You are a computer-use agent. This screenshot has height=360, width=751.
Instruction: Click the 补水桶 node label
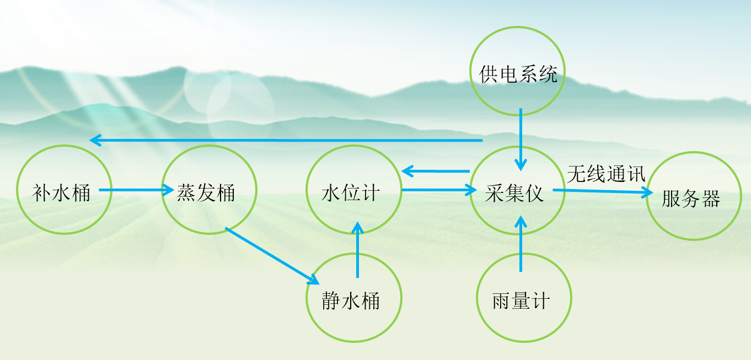pos(61,193)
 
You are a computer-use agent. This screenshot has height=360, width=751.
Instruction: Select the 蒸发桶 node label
pos(206,193)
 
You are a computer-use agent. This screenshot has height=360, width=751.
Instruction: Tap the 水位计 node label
pos(351,193)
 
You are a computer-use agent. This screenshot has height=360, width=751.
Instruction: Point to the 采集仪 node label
pos(514,194)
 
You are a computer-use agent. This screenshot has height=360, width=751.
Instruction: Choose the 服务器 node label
pos(691,198)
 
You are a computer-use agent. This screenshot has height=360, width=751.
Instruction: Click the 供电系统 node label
pos(518,74)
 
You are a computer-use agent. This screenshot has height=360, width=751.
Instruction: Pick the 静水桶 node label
pos(351,300)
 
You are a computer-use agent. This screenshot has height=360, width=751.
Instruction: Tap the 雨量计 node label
pos(521,300)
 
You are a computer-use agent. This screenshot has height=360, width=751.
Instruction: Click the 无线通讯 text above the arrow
pos(606,174)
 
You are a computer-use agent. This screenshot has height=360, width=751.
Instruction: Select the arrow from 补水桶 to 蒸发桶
pos(136,190)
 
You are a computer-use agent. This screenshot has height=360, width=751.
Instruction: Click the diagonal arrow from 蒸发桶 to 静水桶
pos(272,256)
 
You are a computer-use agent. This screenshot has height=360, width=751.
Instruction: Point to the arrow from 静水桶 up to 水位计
pos(357,250)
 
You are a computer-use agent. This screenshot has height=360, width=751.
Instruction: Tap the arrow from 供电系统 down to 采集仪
pos(521,139)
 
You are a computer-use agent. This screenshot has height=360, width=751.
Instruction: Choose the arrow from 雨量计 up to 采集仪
pos(521,244)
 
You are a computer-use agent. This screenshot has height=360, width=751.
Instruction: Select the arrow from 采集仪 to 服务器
pos(603,191)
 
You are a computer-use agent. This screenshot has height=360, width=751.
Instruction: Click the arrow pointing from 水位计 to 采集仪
pos(439,190)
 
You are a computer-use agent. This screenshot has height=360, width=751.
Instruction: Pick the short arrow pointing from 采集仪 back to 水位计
pos(436,171)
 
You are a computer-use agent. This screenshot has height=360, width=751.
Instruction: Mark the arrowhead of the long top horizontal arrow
pos(96,140)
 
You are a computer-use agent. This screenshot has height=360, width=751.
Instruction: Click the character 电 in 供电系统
pos(508,74)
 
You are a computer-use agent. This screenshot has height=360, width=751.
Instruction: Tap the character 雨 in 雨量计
pos(502,300)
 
